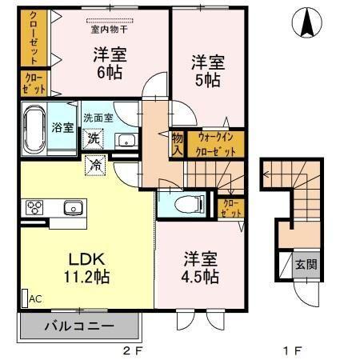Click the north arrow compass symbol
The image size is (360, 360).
[x=306, y=23]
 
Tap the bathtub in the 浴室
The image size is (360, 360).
[x=34, y=127]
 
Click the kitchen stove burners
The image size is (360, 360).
[x=34, y=207]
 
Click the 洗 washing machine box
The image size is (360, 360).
[x=94, y=138]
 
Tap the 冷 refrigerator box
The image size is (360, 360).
[x=95, y=166]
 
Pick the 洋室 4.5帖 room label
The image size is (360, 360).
[x=200, y=267]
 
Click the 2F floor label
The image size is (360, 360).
[x=133, y=350]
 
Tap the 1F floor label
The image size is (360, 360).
[x=293, y=350]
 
